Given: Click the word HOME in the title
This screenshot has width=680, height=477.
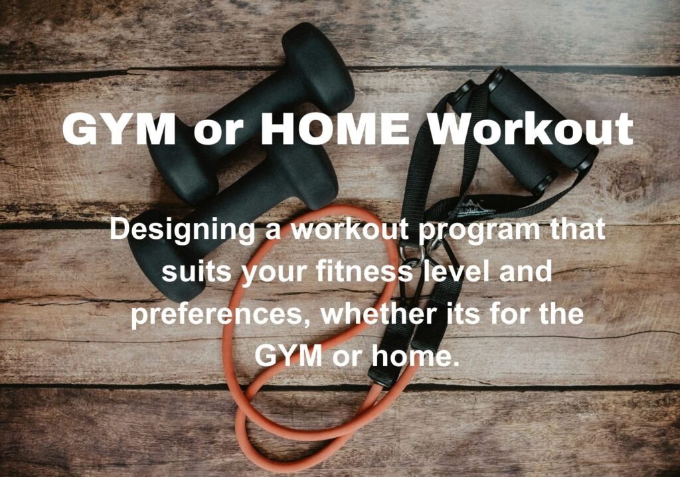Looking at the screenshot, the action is pos(335,129).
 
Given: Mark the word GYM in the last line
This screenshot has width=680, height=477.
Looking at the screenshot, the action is pos(288,356).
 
